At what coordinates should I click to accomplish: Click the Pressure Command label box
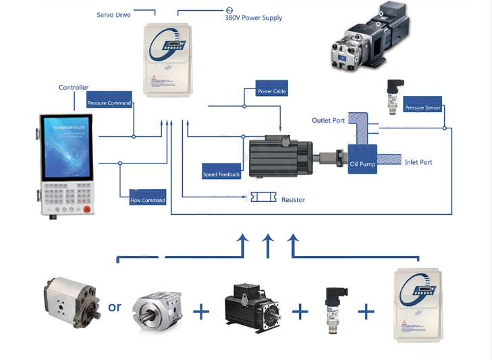[109, 103]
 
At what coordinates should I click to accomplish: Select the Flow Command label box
[148, 200]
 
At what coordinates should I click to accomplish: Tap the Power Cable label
[272, 91]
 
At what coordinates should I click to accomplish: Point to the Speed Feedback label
[221, 175]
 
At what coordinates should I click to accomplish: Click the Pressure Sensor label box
[423, 108]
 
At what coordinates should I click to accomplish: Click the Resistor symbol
[264, 197]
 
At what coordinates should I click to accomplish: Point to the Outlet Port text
[328, 120]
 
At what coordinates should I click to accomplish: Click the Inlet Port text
[418, 162]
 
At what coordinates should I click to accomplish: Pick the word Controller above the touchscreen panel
[74, 87]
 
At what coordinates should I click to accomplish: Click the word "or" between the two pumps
[115, 307]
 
